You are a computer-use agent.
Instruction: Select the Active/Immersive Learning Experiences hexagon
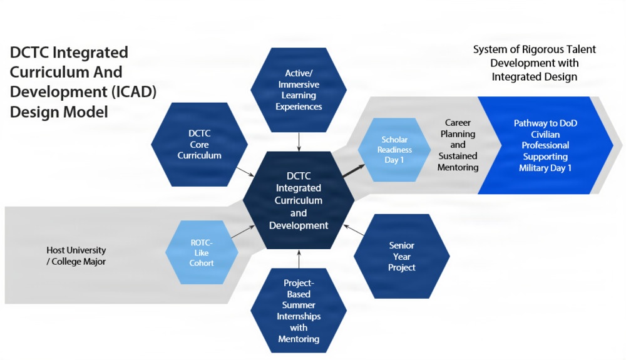tap(299, 90)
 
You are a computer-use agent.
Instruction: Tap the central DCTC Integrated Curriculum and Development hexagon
tap(299, 200)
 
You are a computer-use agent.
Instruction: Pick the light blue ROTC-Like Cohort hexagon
tap(202, 252)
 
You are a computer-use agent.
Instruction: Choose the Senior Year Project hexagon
tap(401, 256)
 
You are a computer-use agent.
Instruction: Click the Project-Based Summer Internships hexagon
tap(299, 311)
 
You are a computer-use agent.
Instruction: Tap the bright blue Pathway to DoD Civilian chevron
tap(545, 145)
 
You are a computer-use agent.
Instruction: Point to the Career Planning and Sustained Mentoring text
tap(458, 145)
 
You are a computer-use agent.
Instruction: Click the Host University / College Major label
tap(76, 255)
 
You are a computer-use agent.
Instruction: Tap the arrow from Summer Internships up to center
tap(299, 259)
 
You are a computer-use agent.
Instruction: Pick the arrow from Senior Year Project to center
tap(354, 231)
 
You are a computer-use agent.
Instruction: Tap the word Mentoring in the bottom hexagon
tap(299, 339)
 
